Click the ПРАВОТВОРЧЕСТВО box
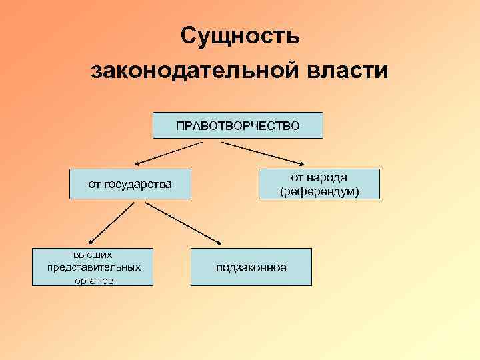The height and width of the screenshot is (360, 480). pos(237,125)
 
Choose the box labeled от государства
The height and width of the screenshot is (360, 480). pos(130,184)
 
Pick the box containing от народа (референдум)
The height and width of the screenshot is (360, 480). pos(319,184)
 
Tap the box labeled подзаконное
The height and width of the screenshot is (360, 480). pos(251,267)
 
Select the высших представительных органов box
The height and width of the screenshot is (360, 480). pos(93,267)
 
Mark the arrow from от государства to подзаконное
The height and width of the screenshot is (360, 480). pos(183,223)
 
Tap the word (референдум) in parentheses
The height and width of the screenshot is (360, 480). pos(319,192)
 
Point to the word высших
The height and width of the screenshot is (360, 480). pos(93,254)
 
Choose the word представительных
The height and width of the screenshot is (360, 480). pos(93,267)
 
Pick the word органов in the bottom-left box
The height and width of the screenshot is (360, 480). pos(93,281)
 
